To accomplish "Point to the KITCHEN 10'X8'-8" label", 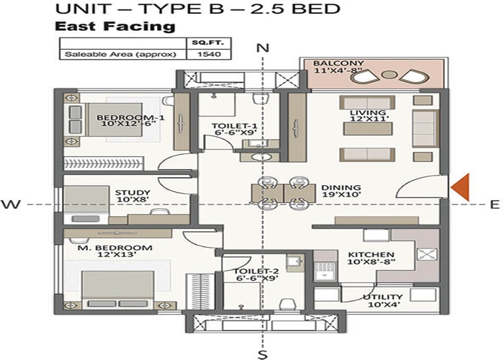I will pos(371,258).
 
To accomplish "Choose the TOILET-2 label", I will pos(252,276).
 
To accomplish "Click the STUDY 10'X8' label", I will pos(132,196).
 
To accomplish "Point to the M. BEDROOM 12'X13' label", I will pos(115,252).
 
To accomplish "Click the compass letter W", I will pos(10,204).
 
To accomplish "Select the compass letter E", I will pos(494,204).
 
